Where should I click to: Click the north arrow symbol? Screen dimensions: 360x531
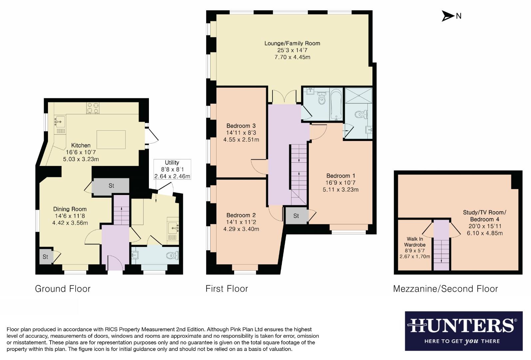click(448, 16)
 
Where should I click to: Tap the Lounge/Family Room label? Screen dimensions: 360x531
click(292, 43)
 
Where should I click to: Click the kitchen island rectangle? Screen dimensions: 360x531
click(111, 139)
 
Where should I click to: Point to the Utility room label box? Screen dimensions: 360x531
click(172, 169)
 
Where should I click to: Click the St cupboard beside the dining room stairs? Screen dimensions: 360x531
click(111, 186)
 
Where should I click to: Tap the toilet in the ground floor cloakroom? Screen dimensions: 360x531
click(172, 256)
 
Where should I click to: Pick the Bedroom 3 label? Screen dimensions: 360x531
click(241, 126)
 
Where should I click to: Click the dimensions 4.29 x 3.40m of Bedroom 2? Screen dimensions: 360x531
click(241, 229)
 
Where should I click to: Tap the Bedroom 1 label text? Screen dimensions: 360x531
click(340, 176)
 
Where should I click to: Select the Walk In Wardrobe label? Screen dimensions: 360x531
click(415, 242)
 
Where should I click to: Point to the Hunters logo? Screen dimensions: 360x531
click(463, 331)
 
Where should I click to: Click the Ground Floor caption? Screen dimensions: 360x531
click(63, 289)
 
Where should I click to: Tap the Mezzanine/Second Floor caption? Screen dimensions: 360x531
click(445, 289)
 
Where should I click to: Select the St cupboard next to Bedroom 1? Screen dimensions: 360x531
click(296, 216)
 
